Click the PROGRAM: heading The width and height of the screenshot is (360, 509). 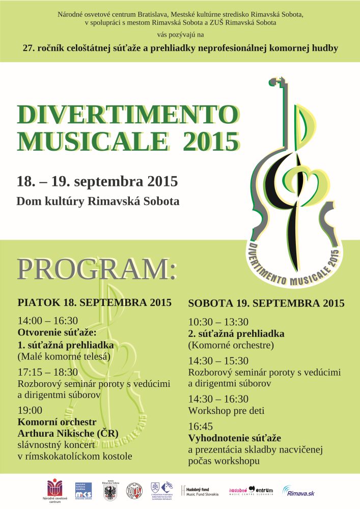[97, 269]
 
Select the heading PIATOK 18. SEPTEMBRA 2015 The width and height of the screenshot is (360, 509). [94, 302]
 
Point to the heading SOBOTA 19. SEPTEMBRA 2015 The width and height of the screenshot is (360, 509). [266, 303]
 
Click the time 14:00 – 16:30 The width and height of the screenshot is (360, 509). [48, 321]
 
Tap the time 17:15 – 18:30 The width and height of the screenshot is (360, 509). [48, 372]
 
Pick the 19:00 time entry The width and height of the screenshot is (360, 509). [30, 410]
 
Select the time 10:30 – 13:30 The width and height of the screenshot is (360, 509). [218, 322]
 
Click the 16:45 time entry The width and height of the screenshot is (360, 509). [201, 426]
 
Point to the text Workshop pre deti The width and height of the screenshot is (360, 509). [226, 410]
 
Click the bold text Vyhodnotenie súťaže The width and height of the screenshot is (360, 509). [235, 438]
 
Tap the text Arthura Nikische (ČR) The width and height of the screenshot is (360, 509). [68, 433]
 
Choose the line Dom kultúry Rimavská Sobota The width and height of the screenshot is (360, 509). [98, 201]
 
